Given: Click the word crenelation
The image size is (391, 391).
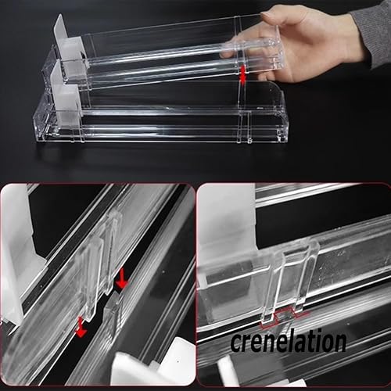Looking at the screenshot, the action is pos(289,340).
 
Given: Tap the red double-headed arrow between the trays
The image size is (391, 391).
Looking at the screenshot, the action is pos(242,75).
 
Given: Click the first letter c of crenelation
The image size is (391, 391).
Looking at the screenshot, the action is pos(237,343).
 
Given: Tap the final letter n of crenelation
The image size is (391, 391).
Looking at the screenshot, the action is pos(339,343).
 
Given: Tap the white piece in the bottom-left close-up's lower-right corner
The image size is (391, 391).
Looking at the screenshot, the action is pos(154,364).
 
